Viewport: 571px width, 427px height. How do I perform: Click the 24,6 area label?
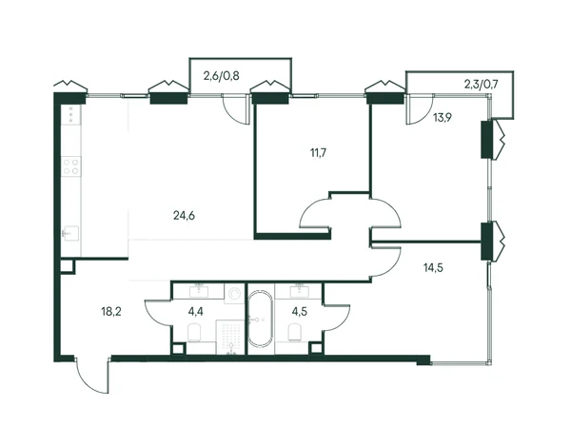click(184, 216)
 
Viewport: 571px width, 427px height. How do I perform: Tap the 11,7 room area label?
click(318, 153)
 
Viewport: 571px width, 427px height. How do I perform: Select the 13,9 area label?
click(443, 117)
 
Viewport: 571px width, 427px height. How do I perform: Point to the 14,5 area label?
click(433, 268)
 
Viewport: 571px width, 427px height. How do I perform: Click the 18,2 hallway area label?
click(111, 312)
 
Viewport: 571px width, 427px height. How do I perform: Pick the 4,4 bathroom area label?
click(195, 312)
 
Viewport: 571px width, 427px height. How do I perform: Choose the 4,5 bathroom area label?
click(300, 312)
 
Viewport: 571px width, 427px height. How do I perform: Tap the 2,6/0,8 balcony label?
click(221, 76)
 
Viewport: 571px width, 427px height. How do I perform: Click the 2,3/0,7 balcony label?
click(481, 85)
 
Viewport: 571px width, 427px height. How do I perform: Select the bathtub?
click(260, 319)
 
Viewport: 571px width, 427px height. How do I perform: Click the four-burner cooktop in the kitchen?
click(71, 166)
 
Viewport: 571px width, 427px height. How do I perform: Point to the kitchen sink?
click(71, 233)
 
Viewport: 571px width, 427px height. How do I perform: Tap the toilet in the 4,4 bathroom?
click(195, 333)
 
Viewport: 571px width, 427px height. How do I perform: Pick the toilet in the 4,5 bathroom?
click(295, 333)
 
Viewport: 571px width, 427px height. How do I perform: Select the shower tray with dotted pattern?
click(229, 338)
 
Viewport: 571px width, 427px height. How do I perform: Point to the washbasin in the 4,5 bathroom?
click(300, 292)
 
